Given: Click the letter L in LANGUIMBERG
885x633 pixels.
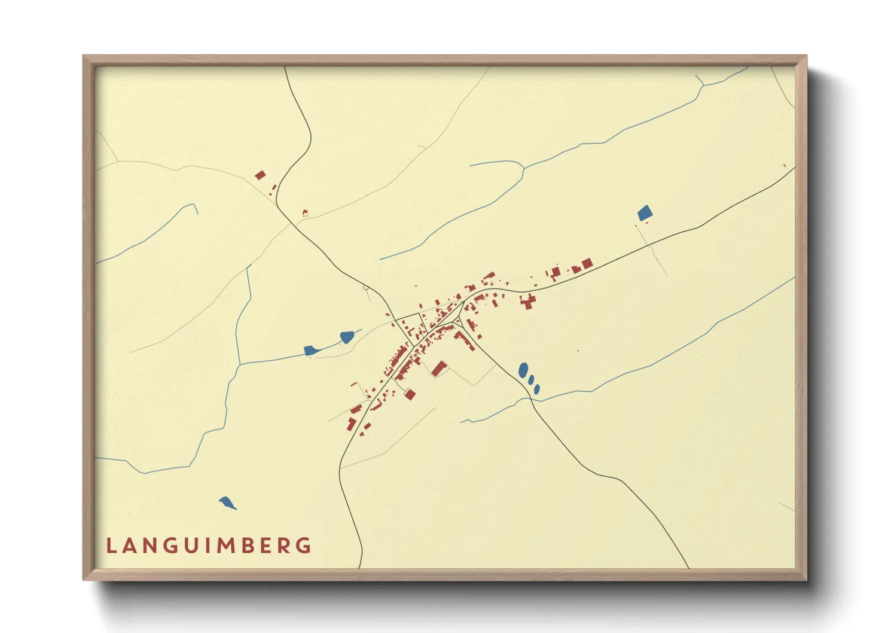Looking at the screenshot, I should tap(111, 546).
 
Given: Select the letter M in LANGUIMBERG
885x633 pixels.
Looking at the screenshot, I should tap(227, 546).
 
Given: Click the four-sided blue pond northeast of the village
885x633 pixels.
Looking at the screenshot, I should tap(645, 213).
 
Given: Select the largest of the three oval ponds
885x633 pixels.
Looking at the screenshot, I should tap(523, 370).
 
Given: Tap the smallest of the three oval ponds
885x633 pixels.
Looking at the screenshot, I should tap(537, 389).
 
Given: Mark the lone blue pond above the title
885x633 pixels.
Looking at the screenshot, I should tap(227, 503).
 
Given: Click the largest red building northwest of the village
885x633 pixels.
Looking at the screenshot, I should tap(260, 175).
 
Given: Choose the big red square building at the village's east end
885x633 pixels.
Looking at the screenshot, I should tap(587, 263).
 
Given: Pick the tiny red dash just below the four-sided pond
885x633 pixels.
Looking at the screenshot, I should tap(646, 223).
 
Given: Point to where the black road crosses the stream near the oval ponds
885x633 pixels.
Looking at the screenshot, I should tap(530, 397).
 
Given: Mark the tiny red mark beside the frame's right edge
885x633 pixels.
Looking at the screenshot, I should tap(785, 165).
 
